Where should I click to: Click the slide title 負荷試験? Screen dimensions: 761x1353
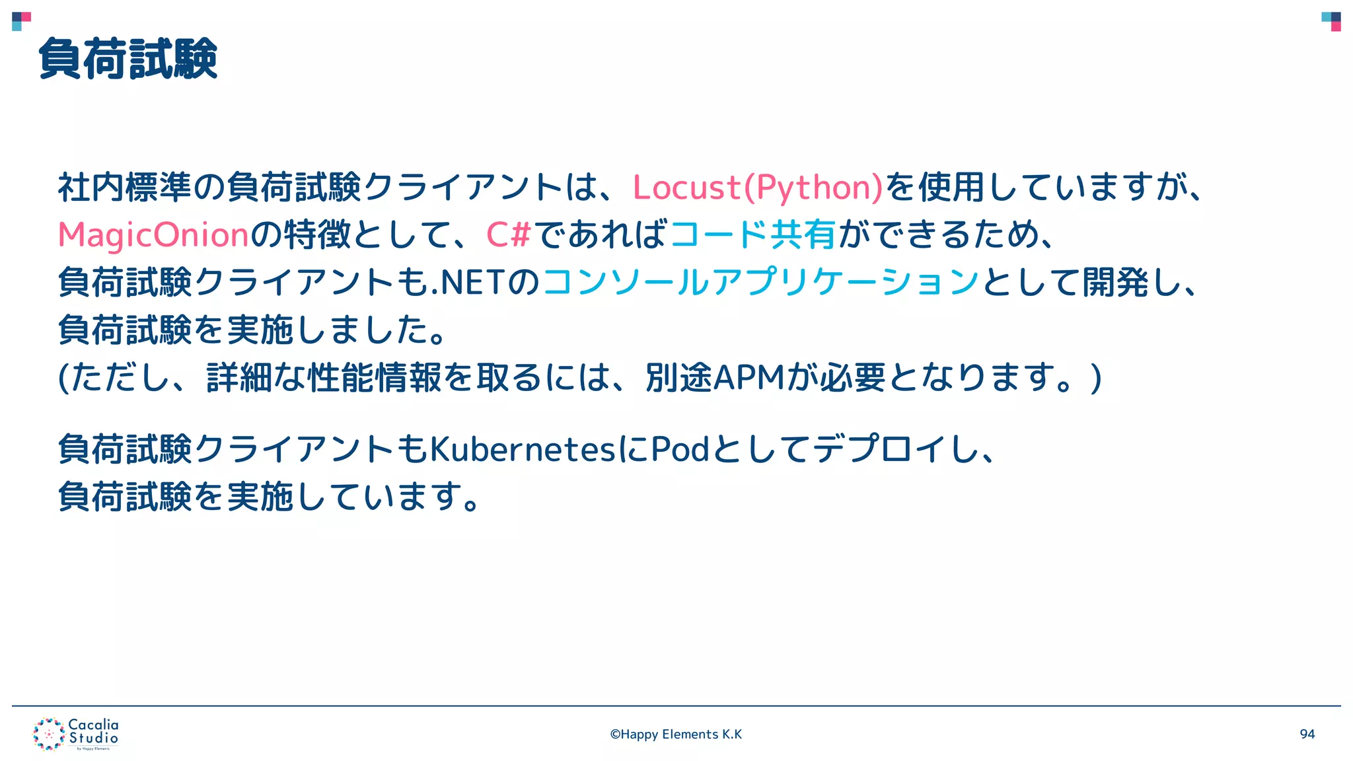128,59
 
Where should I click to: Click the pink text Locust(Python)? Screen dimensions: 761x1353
757,188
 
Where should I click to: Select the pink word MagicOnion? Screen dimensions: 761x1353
153,235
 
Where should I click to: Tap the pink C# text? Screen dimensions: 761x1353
509,235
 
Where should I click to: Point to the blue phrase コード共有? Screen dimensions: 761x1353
753,235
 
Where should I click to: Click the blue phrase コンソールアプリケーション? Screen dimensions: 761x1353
760,283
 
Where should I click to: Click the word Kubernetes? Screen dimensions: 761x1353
522,450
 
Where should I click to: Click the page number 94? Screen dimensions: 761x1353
1307,734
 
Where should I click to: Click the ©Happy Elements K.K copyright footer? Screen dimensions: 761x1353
676,734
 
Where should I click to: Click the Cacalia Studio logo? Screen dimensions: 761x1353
76,734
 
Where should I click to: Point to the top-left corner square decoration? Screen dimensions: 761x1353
21,21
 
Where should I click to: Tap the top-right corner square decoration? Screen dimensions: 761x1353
1331,21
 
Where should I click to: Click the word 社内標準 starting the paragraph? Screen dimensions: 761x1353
124,188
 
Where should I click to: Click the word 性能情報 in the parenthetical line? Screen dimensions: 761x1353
375,378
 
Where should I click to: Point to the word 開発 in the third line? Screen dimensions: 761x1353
1116,283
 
